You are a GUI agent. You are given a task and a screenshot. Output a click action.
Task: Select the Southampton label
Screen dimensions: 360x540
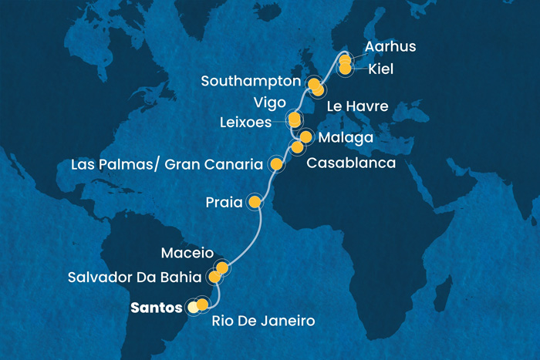tap(250, 81)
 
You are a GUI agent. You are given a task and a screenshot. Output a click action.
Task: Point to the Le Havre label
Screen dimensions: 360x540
tap(357, 104)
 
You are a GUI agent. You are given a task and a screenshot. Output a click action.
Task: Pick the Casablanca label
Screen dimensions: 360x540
tap(352, 163)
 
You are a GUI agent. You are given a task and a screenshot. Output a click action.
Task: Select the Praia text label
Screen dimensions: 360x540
tap(224, 204)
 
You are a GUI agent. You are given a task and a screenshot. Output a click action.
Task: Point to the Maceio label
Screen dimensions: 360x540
tap(186, 253)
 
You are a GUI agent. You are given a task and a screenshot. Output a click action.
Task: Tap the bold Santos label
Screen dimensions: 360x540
tap(158, 307)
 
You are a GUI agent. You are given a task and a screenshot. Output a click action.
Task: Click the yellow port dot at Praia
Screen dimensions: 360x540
tap(255, 203)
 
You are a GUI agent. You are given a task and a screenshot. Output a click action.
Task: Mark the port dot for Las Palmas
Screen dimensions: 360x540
tap(275, 163)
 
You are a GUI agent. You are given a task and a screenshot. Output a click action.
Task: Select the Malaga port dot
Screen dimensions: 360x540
tap(305, 137)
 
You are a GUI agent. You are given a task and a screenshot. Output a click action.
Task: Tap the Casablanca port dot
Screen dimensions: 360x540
tap(297, 146)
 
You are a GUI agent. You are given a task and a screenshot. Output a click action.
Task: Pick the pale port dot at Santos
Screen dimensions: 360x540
tap(192, 307)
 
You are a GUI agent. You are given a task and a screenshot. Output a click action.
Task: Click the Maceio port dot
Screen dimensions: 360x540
tap(222, 268)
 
